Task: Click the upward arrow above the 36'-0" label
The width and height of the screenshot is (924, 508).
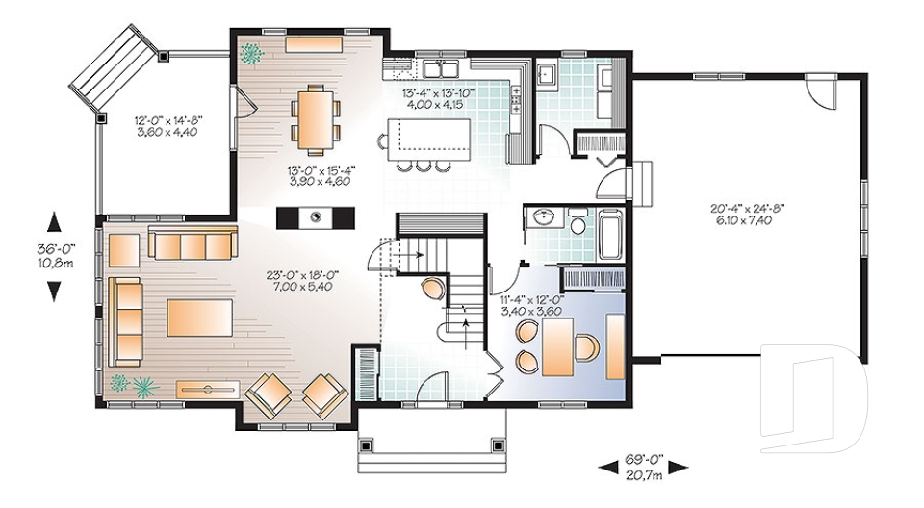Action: click(55, 222)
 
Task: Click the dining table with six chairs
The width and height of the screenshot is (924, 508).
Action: click(311, 119)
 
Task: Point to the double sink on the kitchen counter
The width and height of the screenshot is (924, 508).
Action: click(444, 67)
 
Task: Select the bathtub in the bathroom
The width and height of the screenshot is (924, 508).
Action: click(611, 232)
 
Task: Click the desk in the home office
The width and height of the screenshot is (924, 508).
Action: click(557, 347)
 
